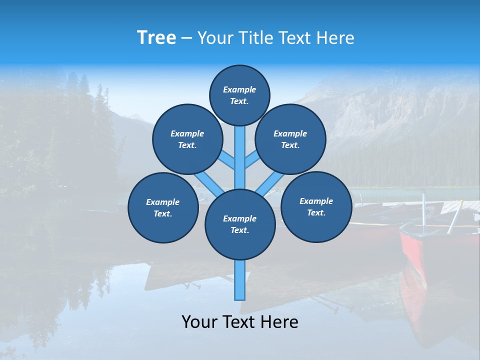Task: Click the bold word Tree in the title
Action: click(x=156, y=38)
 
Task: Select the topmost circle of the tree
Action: click(x=239, y=95)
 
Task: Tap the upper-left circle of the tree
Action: click(x=187, y=139)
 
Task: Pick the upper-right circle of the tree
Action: click(x=290, y=139)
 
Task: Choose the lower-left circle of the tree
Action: click(x=163, y=208)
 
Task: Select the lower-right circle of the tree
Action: click(x=316, y=207)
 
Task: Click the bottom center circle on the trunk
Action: click(x=240, y=224)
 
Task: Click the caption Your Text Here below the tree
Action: click(x=240, y=322)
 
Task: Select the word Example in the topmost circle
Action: click(x=239, y=89)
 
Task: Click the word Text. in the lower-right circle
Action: click(x=316, y=213)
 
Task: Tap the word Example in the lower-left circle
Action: click(x=163, y=202)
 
